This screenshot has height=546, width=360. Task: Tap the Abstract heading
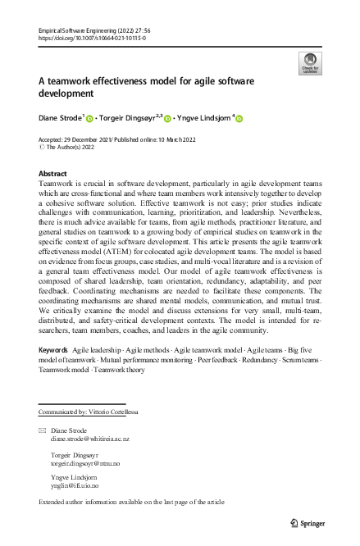(x=54, y=174)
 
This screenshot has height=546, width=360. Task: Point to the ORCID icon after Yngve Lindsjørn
(x=239, y=118)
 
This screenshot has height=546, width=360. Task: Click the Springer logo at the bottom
(x=308, y=523)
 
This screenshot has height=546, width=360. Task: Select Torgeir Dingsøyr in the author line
(x=128, y=118)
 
